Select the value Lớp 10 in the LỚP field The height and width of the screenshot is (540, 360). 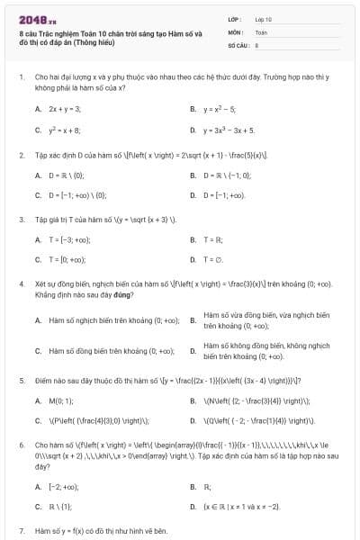[x=264, y=18]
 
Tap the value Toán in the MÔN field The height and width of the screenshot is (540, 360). [x=261, y=31]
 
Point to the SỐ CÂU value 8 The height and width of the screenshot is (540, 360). [x=257, y=43]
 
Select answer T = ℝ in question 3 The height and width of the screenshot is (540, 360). [x=212, y=239]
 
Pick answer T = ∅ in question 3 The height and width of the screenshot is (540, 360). [x=213, y=259]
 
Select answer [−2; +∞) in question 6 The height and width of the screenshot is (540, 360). [x=59, y=486]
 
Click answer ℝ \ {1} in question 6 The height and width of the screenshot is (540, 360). [x=58, y=507]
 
